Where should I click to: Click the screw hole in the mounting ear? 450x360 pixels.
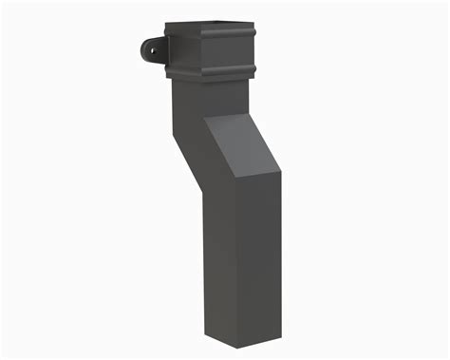coord(149,47)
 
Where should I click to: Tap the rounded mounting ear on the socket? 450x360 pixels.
coord(150,47)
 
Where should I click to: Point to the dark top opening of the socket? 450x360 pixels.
coord(216,24)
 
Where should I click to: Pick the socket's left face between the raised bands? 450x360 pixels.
coord(186,52)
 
